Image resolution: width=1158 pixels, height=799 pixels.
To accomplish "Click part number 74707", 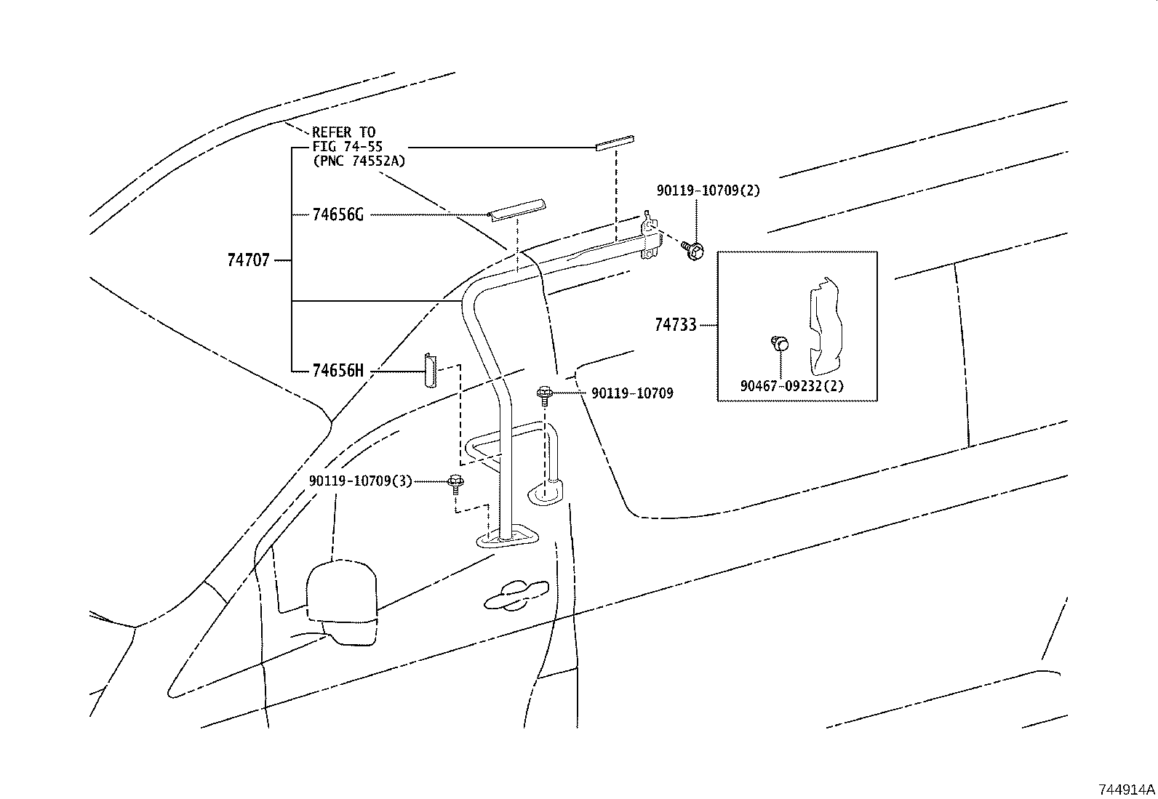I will pyautogui.click(x=248, y=260).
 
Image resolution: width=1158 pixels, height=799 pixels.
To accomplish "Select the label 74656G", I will pyautogui.click(x=338, y=214).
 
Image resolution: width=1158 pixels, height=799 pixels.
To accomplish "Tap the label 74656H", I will pyautogui.click(x=338, y=371).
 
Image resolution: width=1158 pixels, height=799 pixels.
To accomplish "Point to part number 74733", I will pyautogui.click(x=675, y=325).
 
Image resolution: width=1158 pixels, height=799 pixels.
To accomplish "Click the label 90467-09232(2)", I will pyautogui.click(x=792, y=386).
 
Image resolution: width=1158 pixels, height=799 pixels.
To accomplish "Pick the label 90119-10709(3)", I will pyautogui.click(x=360, y=481).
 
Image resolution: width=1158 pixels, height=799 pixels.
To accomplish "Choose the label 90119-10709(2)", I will pyautogui.click(x=708, y=190).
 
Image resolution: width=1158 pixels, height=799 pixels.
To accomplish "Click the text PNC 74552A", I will pyautogui.click(x=359, y=161).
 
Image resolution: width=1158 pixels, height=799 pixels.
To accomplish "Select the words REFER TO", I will pyautogui.click(x=343, y=132).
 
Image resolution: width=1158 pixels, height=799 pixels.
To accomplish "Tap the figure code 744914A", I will pyautogui.click(x=1127, y=790).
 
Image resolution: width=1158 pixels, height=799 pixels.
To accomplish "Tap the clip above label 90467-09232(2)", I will pyautogui.click(x=779, y=342).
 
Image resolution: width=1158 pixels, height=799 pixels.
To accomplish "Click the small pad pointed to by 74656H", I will pyautogui.click(x=430, y=371).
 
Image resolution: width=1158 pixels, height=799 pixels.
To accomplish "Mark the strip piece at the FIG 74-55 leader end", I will pyautogui.click(x=615, y=142).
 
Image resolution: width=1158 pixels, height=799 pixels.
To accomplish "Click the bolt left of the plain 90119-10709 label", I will pyautogui.click(x=543, y=395).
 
